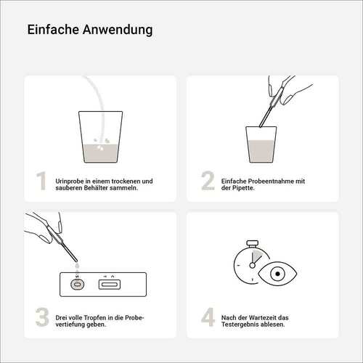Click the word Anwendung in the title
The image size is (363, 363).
tap(118, 30)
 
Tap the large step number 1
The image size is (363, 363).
tap(41, 181)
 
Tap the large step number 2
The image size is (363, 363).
tap(208, 181)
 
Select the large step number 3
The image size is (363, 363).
tap(42, 317)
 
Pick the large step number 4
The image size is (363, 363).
tap(208, 317)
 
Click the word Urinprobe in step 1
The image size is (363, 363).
tap(70, 181)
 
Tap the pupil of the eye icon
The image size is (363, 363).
tap(277, 274)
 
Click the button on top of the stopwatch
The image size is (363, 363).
tap(252, 243)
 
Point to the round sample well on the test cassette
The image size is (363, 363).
tap(77, 285)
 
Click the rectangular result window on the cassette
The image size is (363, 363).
tap(110, 285)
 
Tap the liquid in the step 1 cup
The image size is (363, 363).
tap(101, 153)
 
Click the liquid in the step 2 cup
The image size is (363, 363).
tap(261, 151)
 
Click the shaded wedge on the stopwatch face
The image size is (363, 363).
tap(256, 257)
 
